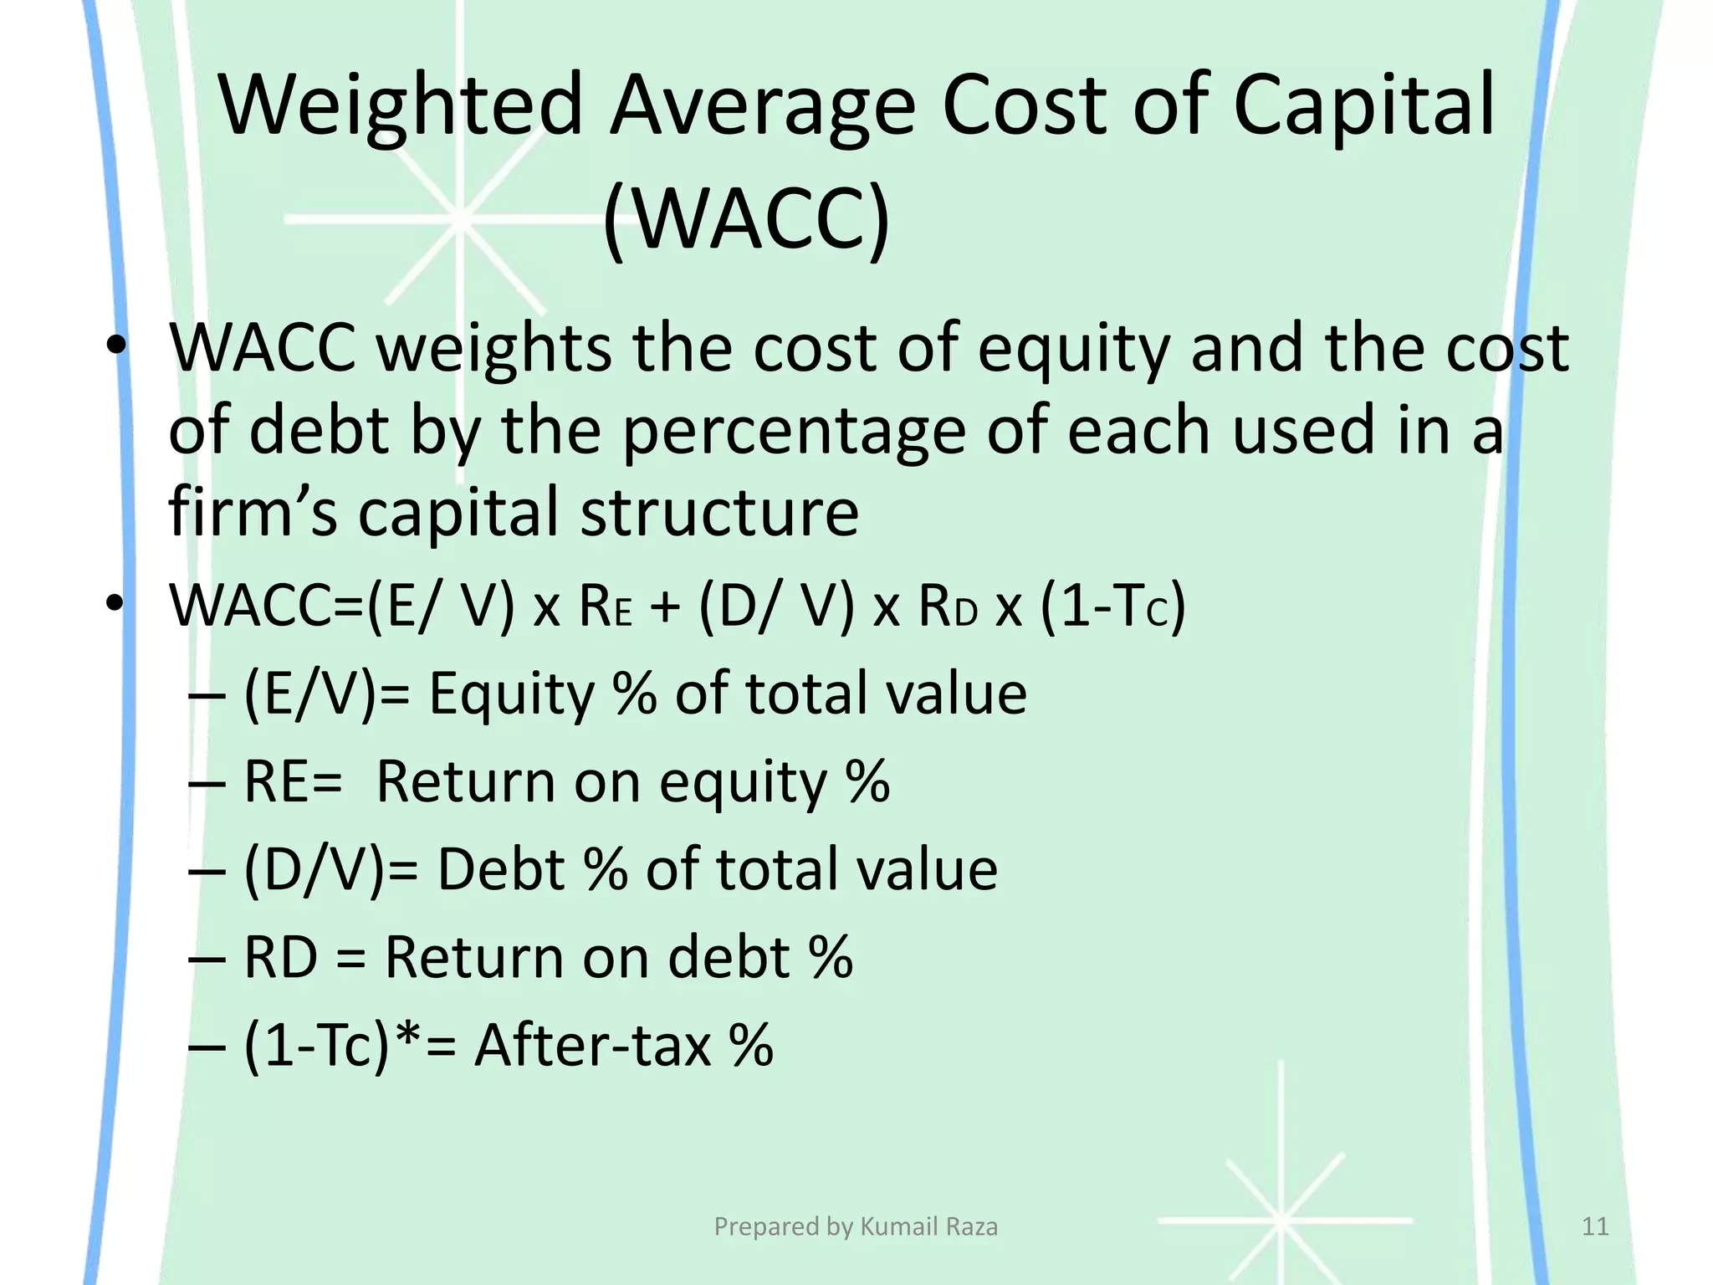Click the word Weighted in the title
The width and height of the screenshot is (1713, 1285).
tap(400, 107)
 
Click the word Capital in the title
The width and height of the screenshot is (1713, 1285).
tap(1363, 107)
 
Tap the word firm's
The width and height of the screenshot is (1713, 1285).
tap(253, 512)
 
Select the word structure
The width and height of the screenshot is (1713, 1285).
tap(719, 512)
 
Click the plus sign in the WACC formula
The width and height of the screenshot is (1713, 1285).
tap(665, 606)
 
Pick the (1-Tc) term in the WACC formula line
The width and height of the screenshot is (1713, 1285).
tap(1112, 606)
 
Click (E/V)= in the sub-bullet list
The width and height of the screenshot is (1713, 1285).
tap(326, 694)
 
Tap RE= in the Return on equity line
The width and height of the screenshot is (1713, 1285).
tap(293, 783)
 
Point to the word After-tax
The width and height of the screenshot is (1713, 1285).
tap(592, 1046)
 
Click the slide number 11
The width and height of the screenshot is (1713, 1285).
tap(1595, 1226)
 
